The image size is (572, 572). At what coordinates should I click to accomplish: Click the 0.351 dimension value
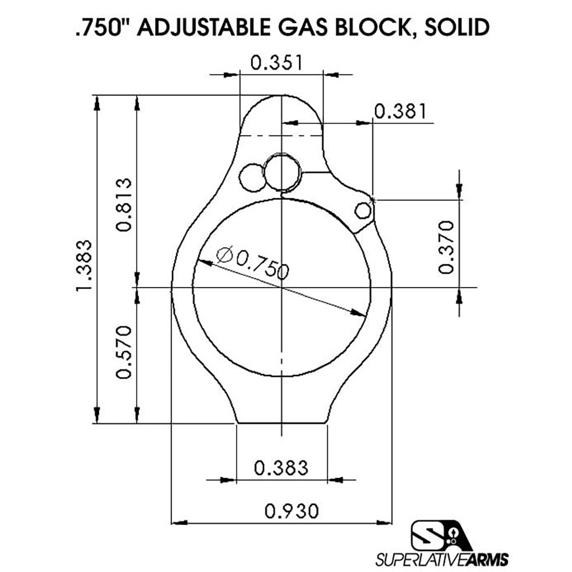pos(276,63)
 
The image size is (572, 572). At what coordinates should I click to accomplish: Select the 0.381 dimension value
pos(400,111)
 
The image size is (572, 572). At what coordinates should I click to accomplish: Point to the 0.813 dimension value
pos(123,204)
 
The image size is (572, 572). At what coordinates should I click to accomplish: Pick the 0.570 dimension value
pos(123,352)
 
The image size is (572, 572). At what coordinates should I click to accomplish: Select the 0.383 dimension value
pos(281,468)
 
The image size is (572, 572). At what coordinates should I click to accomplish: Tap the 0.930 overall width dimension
pos(292,511)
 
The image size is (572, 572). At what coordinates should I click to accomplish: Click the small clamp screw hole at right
pos(363,210)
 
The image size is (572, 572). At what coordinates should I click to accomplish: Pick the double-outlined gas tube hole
pos(283,172)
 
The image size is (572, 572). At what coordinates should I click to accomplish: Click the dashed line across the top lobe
pos(281,136)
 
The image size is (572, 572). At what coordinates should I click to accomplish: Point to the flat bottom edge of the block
pos(281,423)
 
